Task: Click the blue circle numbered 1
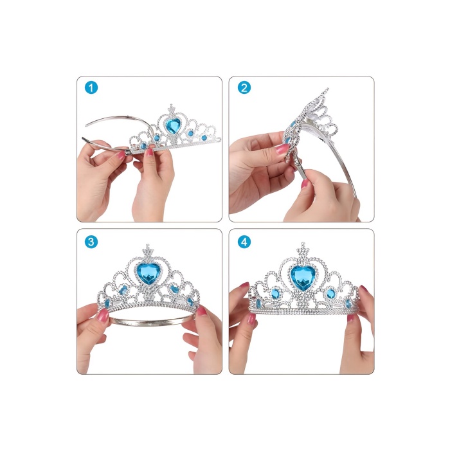pyautogui.click(x=91, y=87)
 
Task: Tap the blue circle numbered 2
pyautogui.click(x=244, y=87)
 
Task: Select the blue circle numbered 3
pyautogui.click(x=91, y=242)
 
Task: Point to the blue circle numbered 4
pyautogui.click(x=244, y=242)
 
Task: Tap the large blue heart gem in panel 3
pyautogui.click(x=148, y=274)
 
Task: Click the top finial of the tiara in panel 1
pyautogui.click(x=172, y=109)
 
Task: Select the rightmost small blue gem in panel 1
pyautogui.click(x=204, y=138)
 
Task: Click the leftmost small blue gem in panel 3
pyautogui.click(x=107, y=303)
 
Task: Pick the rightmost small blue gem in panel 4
pyautogui.click(x=348, y=303)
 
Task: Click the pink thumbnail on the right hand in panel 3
pyautogui.click(x=201, y=310)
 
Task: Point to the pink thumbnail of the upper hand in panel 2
pyautogui.click(x=282, y=149)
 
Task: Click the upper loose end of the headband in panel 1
pyautogui.click(x=86, y=125)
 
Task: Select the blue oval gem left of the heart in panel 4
pyautogui.click(x=275, y=294)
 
